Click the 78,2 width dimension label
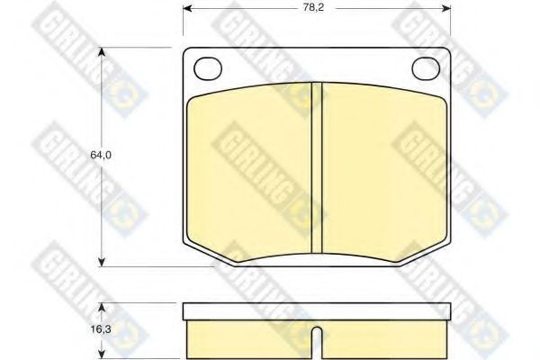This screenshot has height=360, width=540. click(313, 7)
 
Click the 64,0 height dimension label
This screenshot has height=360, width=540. click(101, 155)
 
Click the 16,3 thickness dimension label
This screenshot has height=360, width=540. click(101, 329)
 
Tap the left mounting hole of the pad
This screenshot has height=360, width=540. click(208, 68)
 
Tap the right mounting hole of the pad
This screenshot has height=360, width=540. click(426, 68)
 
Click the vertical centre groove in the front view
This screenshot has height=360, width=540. click(317, 168)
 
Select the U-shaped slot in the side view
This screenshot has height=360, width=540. click(317, 343)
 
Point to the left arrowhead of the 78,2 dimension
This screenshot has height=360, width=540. click(187, 8)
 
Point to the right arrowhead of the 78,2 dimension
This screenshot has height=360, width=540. click(446, 8)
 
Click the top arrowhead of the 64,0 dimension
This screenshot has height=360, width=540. click(101, 51)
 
